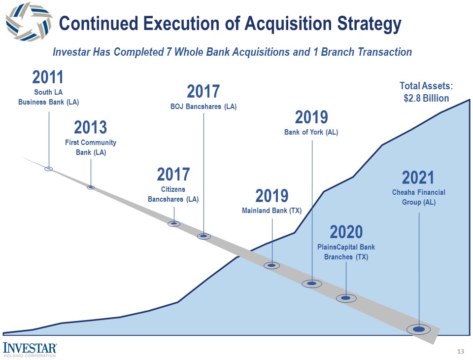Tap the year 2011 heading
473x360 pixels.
point(48,77)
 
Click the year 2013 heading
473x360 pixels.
point(91,128)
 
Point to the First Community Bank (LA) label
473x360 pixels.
point(91,147)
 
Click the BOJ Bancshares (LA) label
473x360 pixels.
point(203,107)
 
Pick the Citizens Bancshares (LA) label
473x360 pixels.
point(173,194)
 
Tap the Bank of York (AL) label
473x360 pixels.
point(311,132)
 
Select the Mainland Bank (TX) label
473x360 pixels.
point(271,211)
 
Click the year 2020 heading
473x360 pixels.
point(346,232)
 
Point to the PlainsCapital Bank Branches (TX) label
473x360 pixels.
point(346,252)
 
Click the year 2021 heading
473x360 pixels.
point(418,177)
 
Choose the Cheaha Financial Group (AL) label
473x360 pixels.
point(418,197)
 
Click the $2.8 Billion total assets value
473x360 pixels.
point(426,98)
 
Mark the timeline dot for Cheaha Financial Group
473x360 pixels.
point(419,329)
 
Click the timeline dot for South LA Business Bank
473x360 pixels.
point(48,169)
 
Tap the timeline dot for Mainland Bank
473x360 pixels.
point(271,265)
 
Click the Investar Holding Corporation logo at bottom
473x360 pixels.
point(30,348)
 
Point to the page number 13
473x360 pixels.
point(461,352)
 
